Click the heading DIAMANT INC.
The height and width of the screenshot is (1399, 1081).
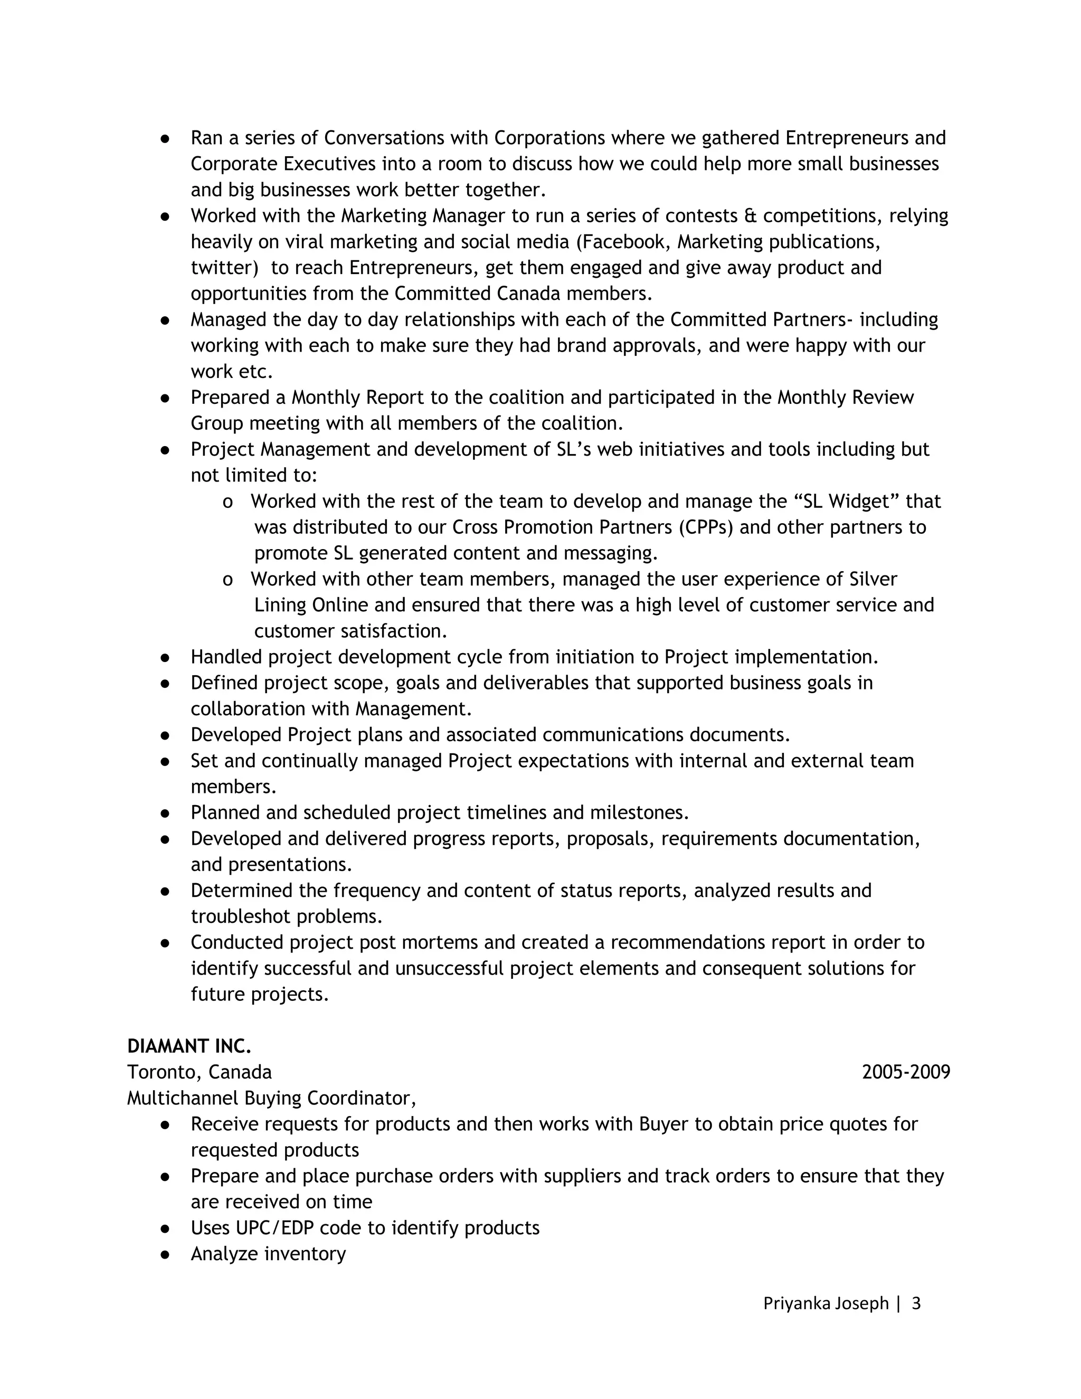pos(189,1046)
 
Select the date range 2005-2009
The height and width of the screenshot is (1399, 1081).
pos(906,1072)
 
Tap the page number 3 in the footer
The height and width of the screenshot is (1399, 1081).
pos(916,1303)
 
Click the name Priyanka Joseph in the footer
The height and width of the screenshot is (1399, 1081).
pos(826,1303)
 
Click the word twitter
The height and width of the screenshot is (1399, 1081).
pos(221,268)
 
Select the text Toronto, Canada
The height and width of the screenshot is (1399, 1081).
pos(199,1072)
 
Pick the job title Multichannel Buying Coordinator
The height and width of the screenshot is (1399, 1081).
pos(271,1099)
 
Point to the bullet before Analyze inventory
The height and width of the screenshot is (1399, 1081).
pos(165,1254)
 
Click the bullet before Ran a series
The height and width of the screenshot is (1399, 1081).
pos(165,138)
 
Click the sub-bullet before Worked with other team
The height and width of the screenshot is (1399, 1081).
pos(227,580)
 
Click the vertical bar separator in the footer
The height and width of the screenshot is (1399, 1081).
pos(898,1303)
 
